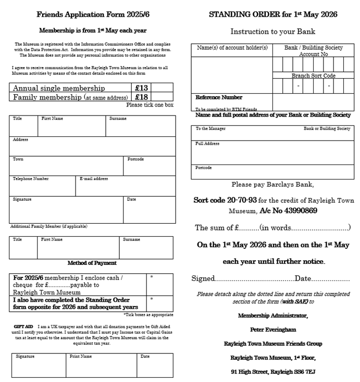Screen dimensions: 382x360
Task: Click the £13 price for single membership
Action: coord(141,88)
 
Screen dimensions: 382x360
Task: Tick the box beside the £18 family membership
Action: coord(162,97)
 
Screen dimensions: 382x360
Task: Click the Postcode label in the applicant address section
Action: coord(135,159)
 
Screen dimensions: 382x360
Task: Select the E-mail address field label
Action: coord(94,179)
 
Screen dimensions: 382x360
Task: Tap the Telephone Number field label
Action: coord(31,179)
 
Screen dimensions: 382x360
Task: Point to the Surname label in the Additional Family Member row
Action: coord(131,239)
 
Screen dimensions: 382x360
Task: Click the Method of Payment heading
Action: coord(92,263)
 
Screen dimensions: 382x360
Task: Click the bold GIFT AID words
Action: coord(23,326)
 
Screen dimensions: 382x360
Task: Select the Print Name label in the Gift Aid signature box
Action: coord(81,356)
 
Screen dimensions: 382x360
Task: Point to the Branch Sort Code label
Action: coord(313,75)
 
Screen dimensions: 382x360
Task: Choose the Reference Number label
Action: coord(219,97)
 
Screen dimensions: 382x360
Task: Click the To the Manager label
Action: coord(210,129)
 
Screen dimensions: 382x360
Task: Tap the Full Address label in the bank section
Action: coord(207,144)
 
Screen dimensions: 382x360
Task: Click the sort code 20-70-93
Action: coord(225,200)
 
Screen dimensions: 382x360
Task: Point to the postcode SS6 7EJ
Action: coord(301,372)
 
